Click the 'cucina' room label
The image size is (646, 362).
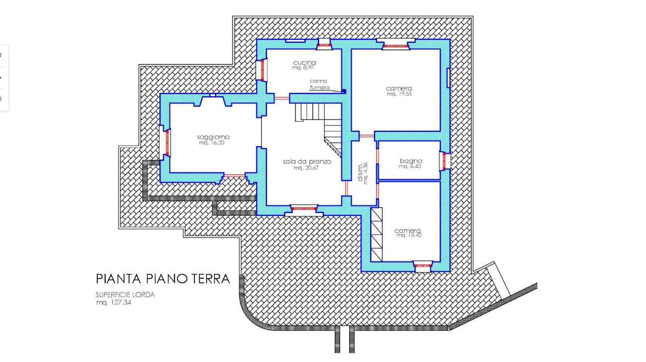[x=305, y=62]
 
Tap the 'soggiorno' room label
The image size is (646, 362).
[x=213, y=137]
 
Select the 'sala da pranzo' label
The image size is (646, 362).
[x=307, y=162]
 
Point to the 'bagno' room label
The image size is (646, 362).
[x=411, y=161]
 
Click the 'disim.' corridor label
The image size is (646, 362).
[x=360, y=173]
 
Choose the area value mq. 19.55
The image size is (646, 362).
[x=399, y=94]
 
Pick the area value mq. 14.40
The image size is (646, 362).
[x=409, y=235]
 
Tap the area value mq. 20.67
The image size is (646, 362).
[x=306, y=168]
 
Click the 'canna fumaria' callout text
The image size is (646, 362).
[x=320, y=85]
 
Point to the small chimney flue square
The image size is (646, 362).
[x=344, y=91]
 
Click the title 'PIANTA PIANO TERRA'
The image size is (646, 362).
[x=162, y=279]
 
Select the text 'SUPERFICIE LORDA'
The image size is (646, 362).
[x=125, y=295]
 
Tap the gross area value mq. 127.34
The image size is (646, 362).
[x=114, y=302]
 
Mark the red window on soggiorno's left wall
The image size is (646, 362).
[x=167, y=143]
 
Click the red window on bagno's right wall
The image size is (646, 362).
[x=444, y=161]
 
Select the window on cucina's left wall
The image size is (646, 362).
[x=262, y=70]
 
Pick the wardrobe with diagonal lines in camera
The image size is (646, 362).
[x=376, y=234]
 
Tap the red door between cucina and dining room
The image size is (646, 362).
[x=282, y=98]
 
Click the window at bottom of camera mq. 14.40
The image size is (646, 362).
[x=422, y=266]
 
